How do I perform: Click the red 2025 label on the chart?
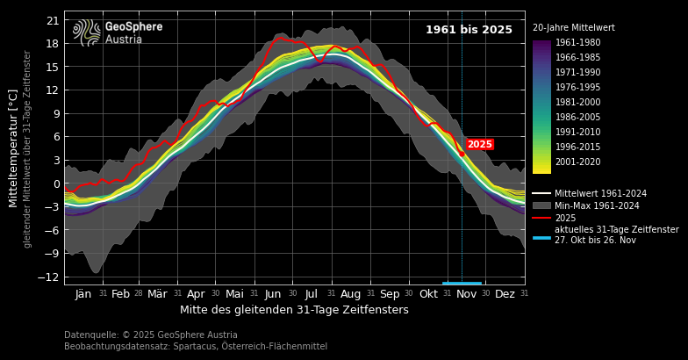[479, 144]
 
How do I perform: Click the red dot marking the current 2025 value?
[462, 154]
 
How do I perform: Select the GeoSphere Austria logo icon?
[87, 32]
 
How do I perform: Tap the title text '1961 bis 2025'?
[469, 30]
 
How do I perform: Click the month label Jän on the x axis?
[83, 294]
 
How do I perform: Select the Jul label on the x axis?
[311, 294]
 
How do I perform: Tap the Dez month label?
[505, 294]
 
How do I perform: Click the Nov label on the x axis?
[466, 294]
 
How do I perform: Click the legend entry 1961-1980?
[577, 43]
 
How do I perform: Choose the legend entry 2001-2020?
[577, 162]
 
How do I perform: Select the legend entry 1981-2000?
[577, 103]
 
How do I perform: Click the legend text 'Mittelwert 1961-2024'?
[600, 194]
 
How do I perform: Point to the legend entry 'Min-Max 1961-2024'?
[597, 206]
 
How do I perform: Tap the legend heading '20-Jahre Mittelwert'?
[573, 28]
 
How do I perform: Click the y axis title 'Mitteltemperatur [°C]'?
[14, 148]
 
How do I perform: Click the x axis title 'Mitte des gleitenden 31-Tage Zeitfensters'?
[294, 310]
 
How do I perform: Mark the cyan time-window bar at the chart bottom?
[462, 284]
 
